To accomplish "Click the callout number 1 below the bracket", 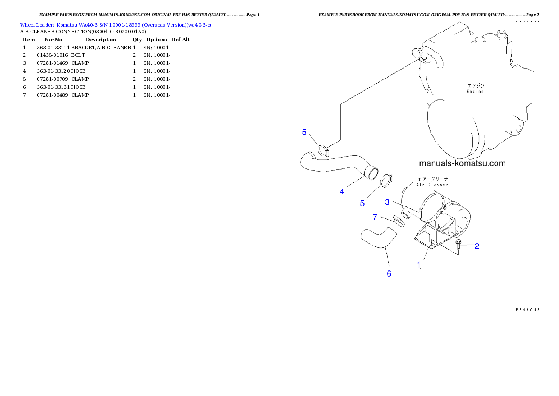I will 419,265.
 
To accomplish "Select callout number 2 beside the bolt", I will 476,246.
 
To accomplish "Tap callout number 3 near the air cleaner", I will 387,202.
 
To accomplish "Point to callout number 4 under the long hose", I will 342,191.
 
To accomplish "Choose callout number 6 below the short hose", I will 389,274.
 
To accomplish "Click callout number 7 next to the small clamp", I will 375,217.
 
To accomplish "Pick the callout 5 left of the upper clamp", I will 304,132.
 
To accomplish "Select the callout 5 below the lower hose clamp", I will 362,203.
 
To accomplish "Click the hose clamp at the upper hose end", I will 323,150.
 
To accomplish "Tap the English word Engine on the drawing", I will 475,92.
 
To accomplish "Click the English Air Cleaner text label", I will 432,185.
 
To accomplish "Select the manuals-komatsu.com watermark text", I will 462,164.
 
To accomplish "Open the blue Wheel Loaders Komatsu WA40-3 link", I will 116,24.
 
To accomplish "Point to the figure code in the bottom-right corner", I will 527,309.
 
